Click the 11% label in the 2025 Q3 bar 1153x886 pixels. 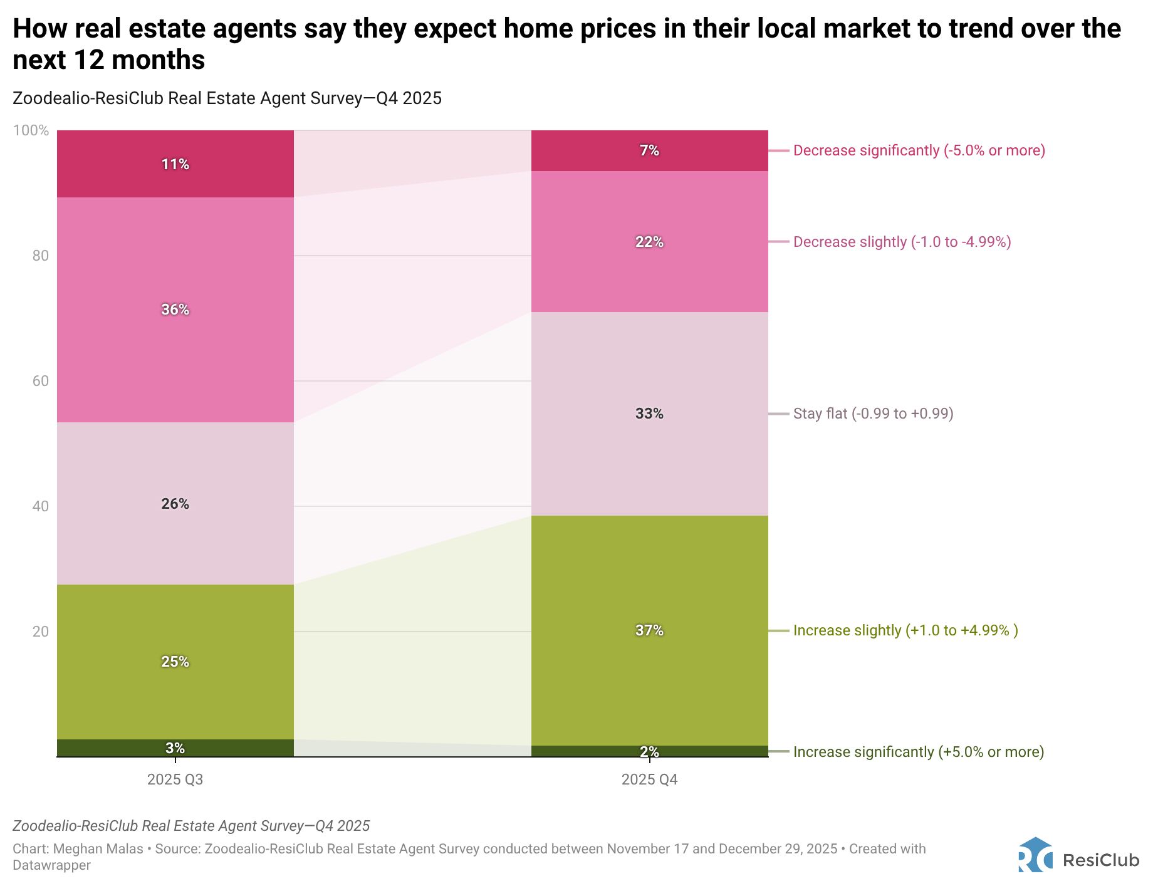click(175, 164)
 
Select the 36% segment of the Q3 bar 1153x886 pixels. click(175, 310)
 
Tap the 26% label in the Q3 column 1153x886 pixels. click(175, 504)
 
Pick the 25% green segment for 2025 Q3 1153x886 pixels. click(175, 662)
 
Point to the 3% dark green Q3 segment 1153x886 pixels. click(175, 748)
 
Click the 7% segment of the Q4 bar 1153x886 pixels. click(649, 150)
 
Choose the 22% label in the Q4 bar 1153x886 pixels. click(649, 242)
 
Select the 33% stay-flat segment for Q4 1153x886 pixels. click(649, 414)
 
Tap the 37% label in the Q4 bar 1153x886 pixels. click(649, 630)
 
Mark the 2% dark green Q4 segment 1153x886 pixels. click(649, 751)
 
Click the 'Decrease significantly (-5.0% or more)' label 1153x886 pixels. click(919, 150)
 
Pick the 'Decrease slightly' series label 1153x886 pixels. click(902, 242)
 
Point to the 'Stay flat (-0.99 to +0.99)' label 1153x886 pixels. click(873, 414)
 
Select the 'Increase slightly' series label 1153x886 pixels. click(905, 630)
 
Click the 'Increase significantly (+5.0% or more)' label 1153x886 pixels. click(918, 752)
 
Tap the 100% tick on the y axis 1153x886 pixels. click(31, 130)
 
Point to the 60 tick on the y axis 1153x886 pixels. click(40, 381)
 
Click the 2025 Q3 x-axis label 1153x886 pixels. click(175, 780)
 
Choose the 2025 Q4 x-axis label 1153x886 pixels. click(649, 780)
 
